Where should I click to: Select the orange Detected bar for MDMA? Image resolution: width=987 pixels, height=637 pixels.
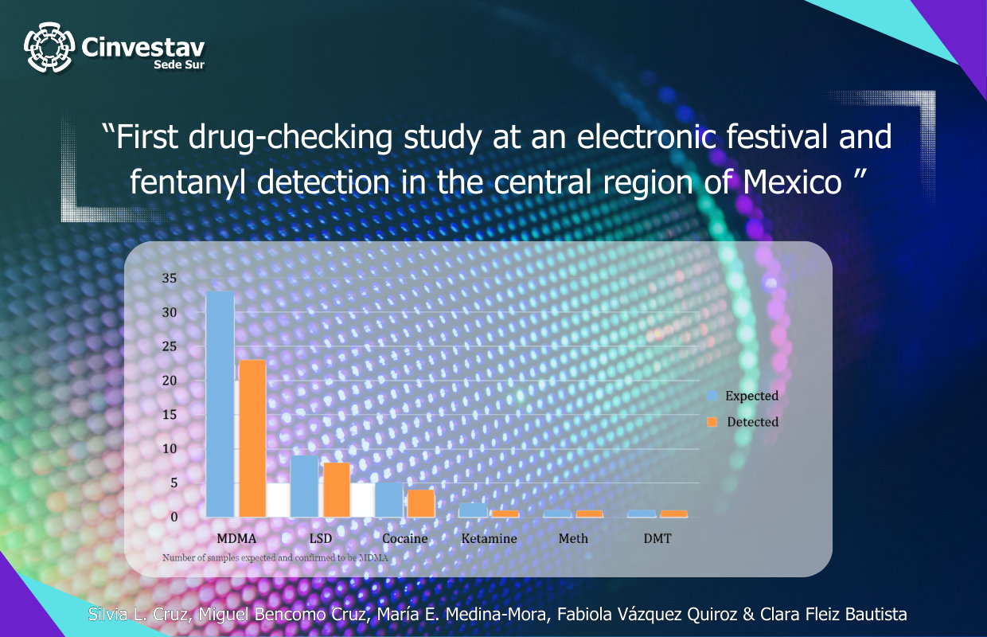253,438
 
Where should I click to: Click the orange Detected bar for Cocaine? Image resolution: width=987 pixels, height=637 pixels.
421,503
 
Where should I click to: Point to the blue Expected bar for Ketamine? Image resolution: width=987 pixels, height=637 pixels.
473,510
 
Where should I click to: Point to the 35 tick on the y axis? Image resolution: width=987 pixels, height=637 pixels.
169,279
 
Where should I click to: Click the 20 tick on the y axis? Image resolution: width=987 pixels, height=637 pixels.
169,381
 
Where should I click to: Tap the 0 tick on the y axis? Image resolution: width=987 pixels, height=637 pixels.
174,517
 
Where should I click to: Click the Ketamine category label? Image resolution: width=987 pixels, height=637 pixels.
489,539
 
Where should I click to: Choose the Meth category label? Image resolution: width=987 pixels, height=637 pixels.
573,539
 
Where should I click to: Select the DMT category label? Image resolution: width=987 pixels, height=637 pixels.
657,539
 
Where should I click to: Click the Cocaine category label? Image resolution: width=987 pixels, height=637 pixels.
404,539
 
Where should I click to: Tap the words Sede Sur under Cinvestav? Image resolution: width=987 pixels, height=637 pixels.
179,64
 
